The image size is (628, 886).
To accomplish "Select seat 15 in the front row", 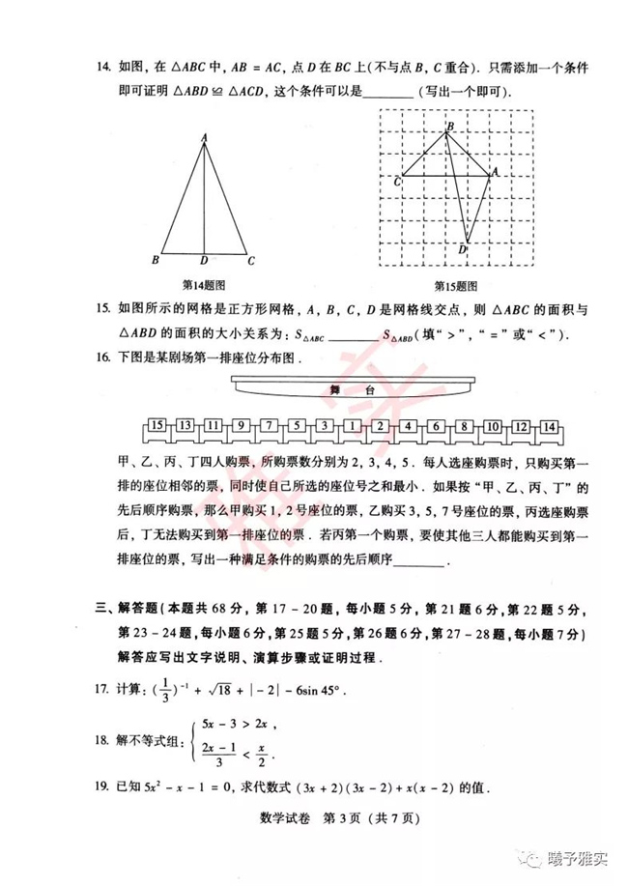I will tap(157, 426).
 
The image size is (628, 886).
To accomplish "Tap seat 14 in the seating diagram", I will tap(549, 426).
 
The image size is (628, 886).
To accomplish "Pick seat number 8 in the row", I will tap(465, 426).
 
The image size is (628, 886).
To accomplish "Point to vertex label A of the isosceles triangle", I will tap(204, 138).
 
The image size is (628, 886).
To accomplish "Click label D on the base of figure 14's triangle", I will tap(203, 261).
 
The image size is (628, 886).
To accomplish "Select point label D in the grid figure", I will tap(463, 249).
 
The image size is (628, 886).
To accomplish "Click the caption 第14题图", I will tap(203, 286).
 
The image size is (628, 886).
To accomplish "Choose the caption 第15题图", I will tap(452, 286).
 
